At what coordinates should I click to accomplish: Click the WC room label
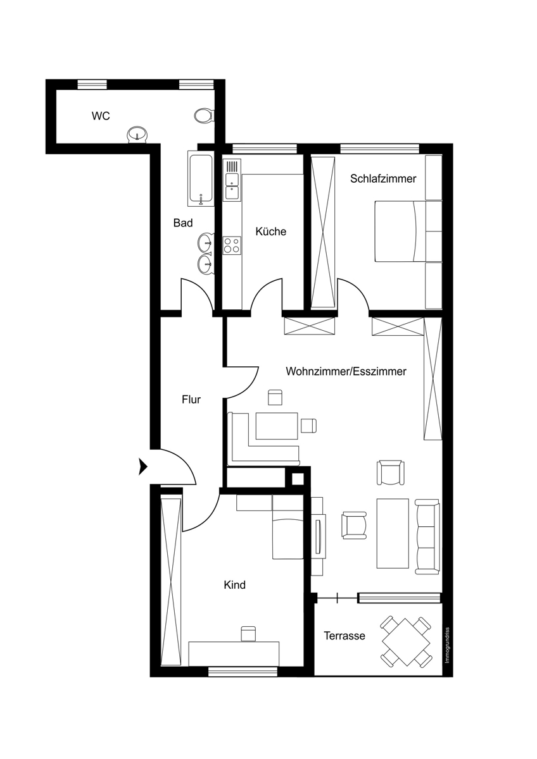click(x=101, y=116)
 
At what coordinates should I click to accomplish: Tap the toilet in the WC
click(x=204, y=116)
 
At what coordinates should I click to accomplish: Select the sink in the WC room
click(x=137, y=135)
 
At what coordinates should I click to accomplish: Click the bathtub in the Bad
click(x=201, y=178)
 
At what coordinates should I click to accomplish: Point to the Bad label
click(x=183, y=223)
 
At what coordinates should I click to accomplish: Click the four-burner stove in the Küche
click(x=232, y=245)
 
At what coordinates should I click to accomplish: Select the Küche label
click(x=270, y=231)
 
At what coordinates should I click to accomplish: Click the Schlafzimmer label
click(x=383, y=178)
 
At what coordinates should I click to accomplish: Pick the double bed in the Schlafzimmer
click(x=400, y=231)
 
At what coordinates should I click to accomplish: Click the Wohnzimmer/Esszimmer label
click(x=346, y=371)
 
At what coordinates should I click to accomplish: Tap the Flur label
click(x=191, y=400)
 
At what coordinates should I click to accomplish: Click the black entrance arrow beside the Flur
click(x=143, y=466)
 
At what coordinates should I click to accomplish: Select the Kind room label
click(x=235, y=585)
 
